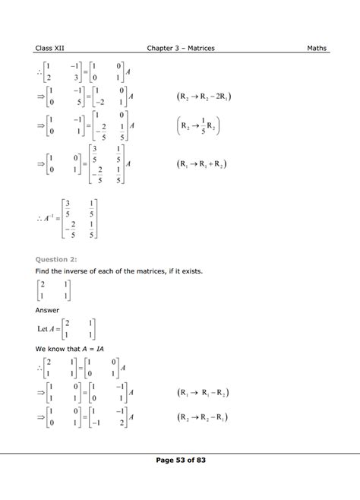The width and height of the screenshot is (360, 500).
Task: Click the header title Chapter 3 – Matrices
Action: coord(181,48)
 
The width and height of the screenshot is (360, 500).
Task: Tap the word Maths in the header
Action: coord(317,48)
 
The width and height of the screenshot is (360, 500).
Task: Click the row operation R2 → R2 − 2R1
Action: coord(205,98)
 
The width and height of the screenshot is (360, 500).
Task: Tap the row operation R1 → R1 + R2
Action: coord(204,163)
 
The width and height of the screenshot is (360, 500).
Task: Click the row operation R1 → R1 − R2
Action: coord(203,393)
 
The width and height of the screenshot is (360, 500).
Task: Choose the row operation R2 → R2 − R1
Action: coord(203,417)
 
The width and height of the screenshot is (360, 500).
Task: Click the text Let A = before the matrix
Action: coord(52,329)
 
